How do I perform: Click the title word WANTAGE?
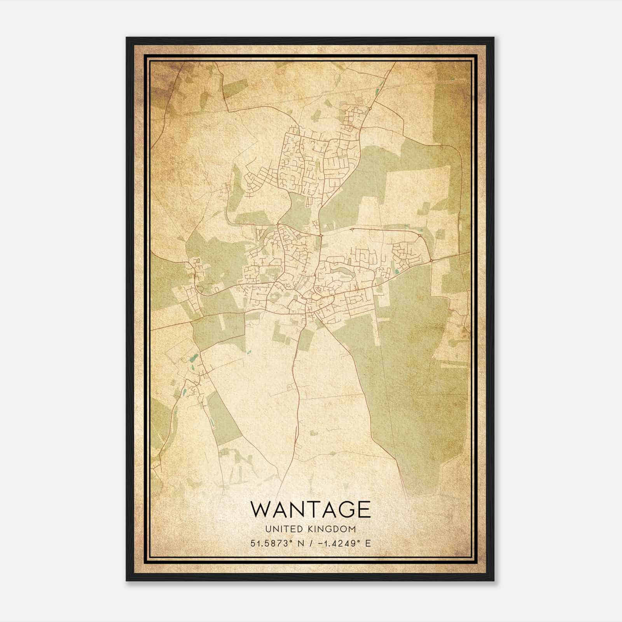[310, 509]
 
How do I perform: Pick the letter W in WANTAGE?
[259, 509]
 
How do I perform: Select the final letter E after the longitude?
[368, 543]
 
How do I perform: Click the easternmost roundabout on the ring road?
[431, 260]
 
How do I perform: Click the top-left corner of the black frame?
[127, 38]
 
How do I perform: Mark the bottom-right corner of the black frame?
[494, 580]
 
